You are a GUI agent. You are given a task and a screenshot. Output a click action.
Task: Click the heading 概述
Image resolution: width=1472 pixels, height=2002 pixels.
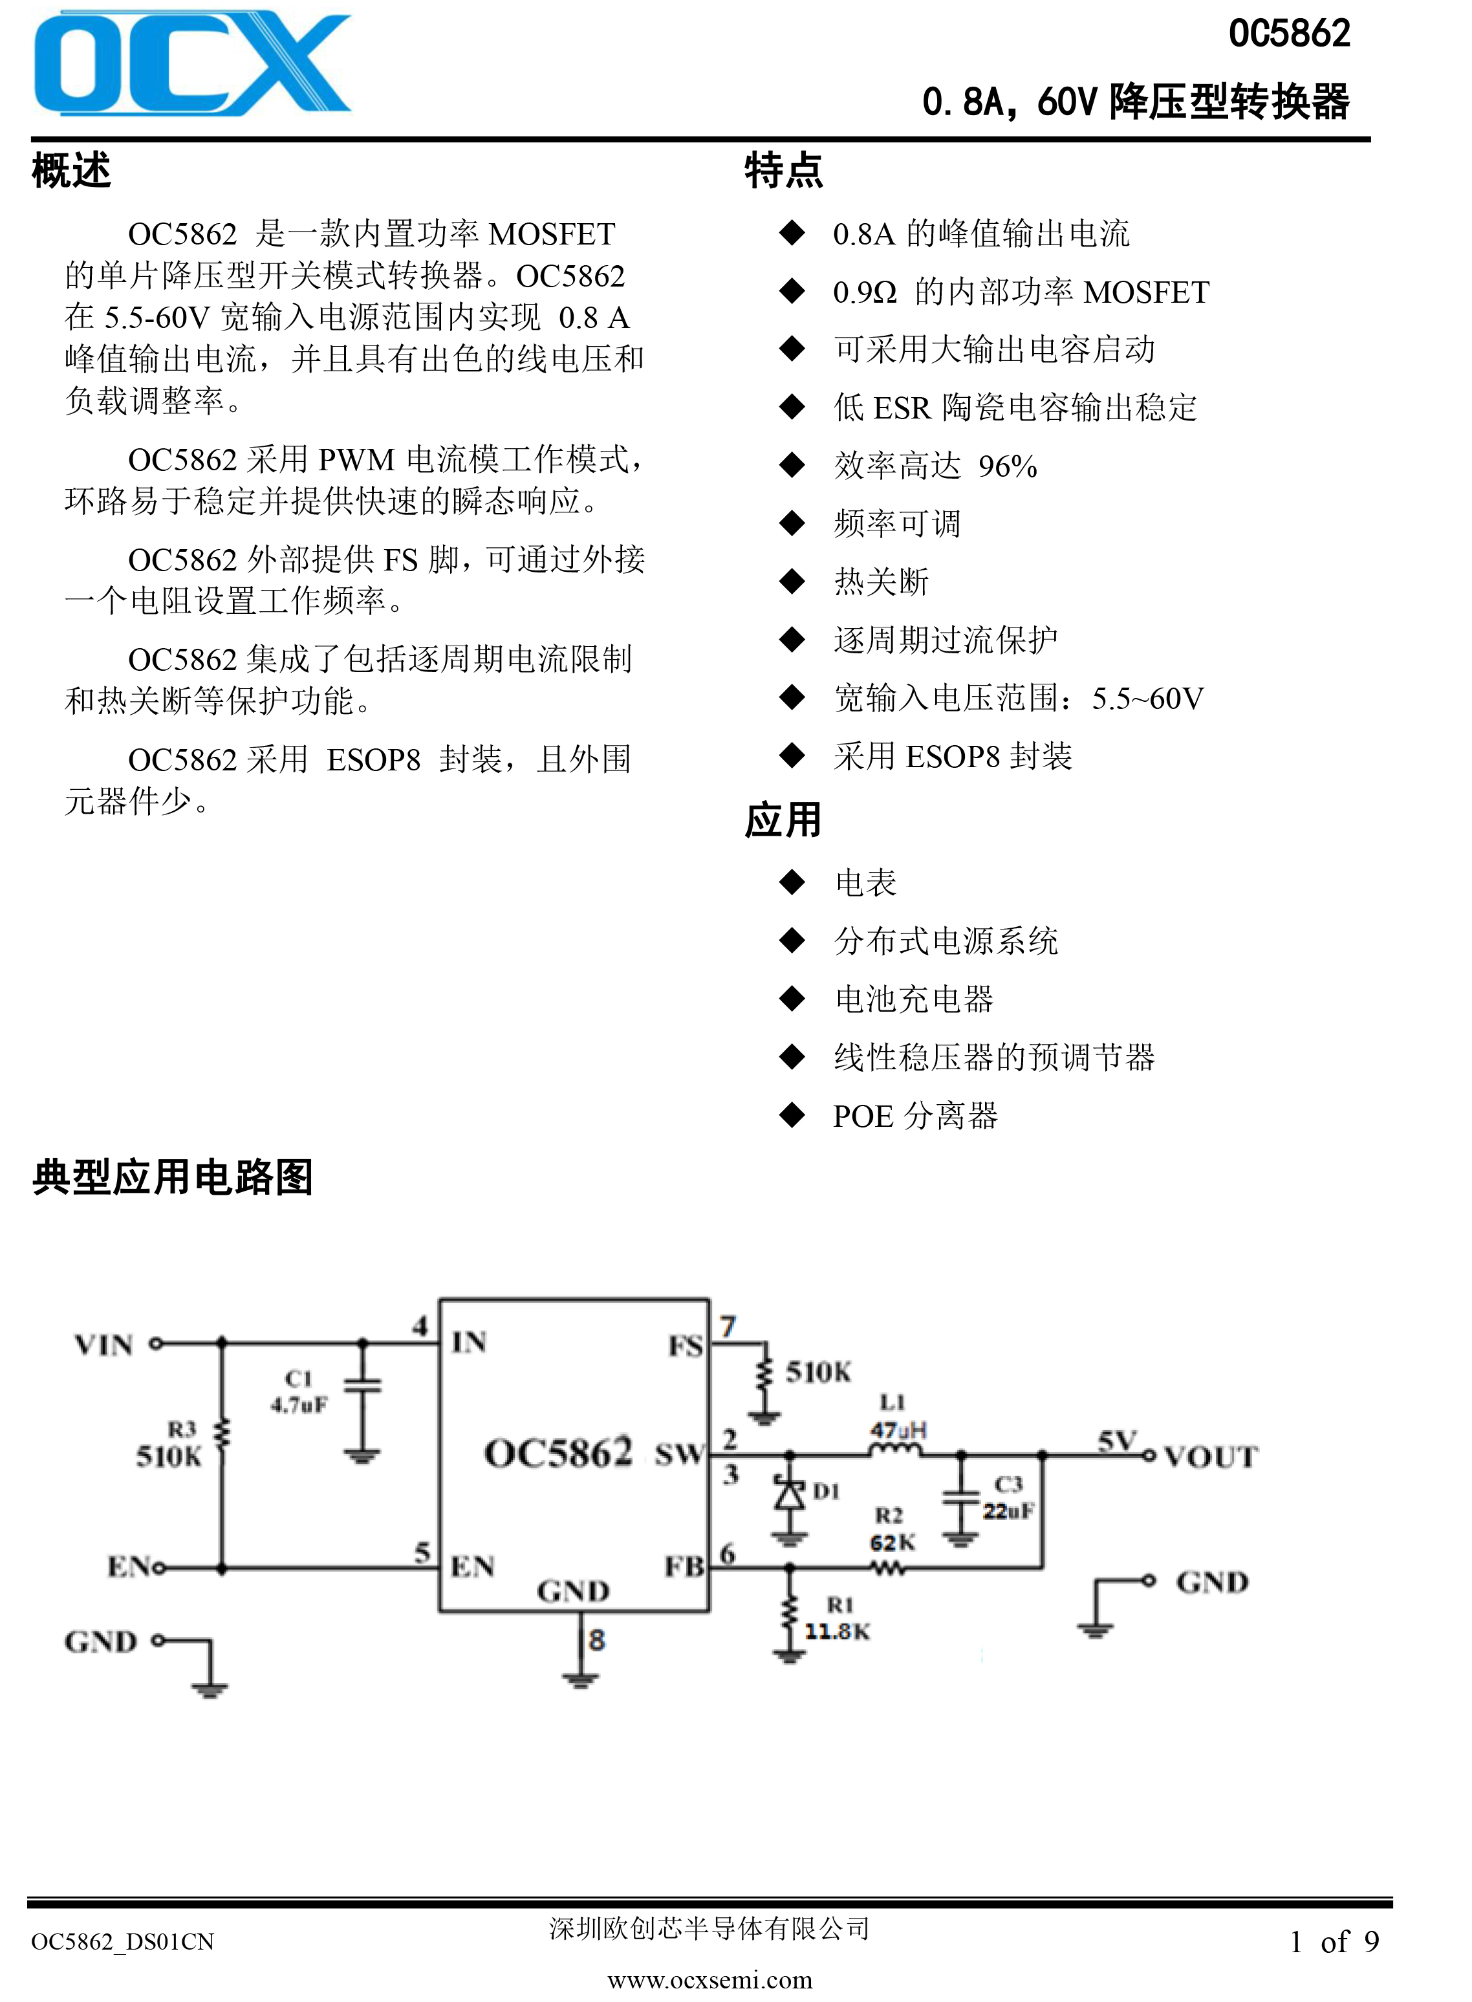pyautogui.click(x=71, y=170)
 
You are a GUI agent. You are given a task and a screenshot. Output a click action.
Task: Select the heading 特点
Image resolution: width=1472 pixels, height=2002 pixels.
pyautogui.click(x=784, y=170)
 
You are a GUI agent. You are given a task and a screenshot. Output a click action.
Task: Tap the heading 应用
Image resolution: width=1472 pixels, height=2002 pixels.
pyautogui.click(x=783, y=820)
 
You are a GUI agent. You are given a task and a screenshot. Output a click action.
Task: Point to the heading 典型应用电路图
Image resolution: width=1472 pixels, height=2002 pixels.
pyautogui.click(x=173, y=1177)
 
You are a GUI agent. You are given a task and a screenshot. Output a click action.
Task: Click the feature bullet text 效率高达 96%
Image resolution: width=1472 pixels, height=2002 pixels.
pyautogui.click(x=936, y=465)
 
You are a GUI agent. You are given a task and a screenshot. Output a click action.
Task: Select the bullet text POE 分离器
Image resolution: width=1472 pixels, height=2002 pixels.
pyautogui.click(x=915, y=1115)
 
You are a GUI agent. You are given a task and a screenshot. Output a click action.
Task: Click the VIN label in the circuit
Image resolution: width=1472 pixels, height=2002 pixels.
pyautogui.click(x=104, y=1344)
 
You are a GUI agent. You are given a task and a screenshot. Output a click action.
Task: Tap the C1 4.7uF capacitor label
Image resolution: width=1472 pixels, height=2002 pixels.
pyautogui.click(x=299, y=1391)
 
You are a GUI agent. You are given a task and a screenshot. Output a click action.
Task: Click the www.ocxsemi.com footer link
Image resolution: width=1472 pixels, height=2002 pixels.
pyautogui.click(x=710, y=1980)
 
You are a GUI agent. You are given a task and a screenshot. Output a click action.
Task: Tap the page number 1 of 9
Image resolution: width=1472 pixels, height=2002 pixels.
pyautogui.click(x=1334, y=1941)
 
